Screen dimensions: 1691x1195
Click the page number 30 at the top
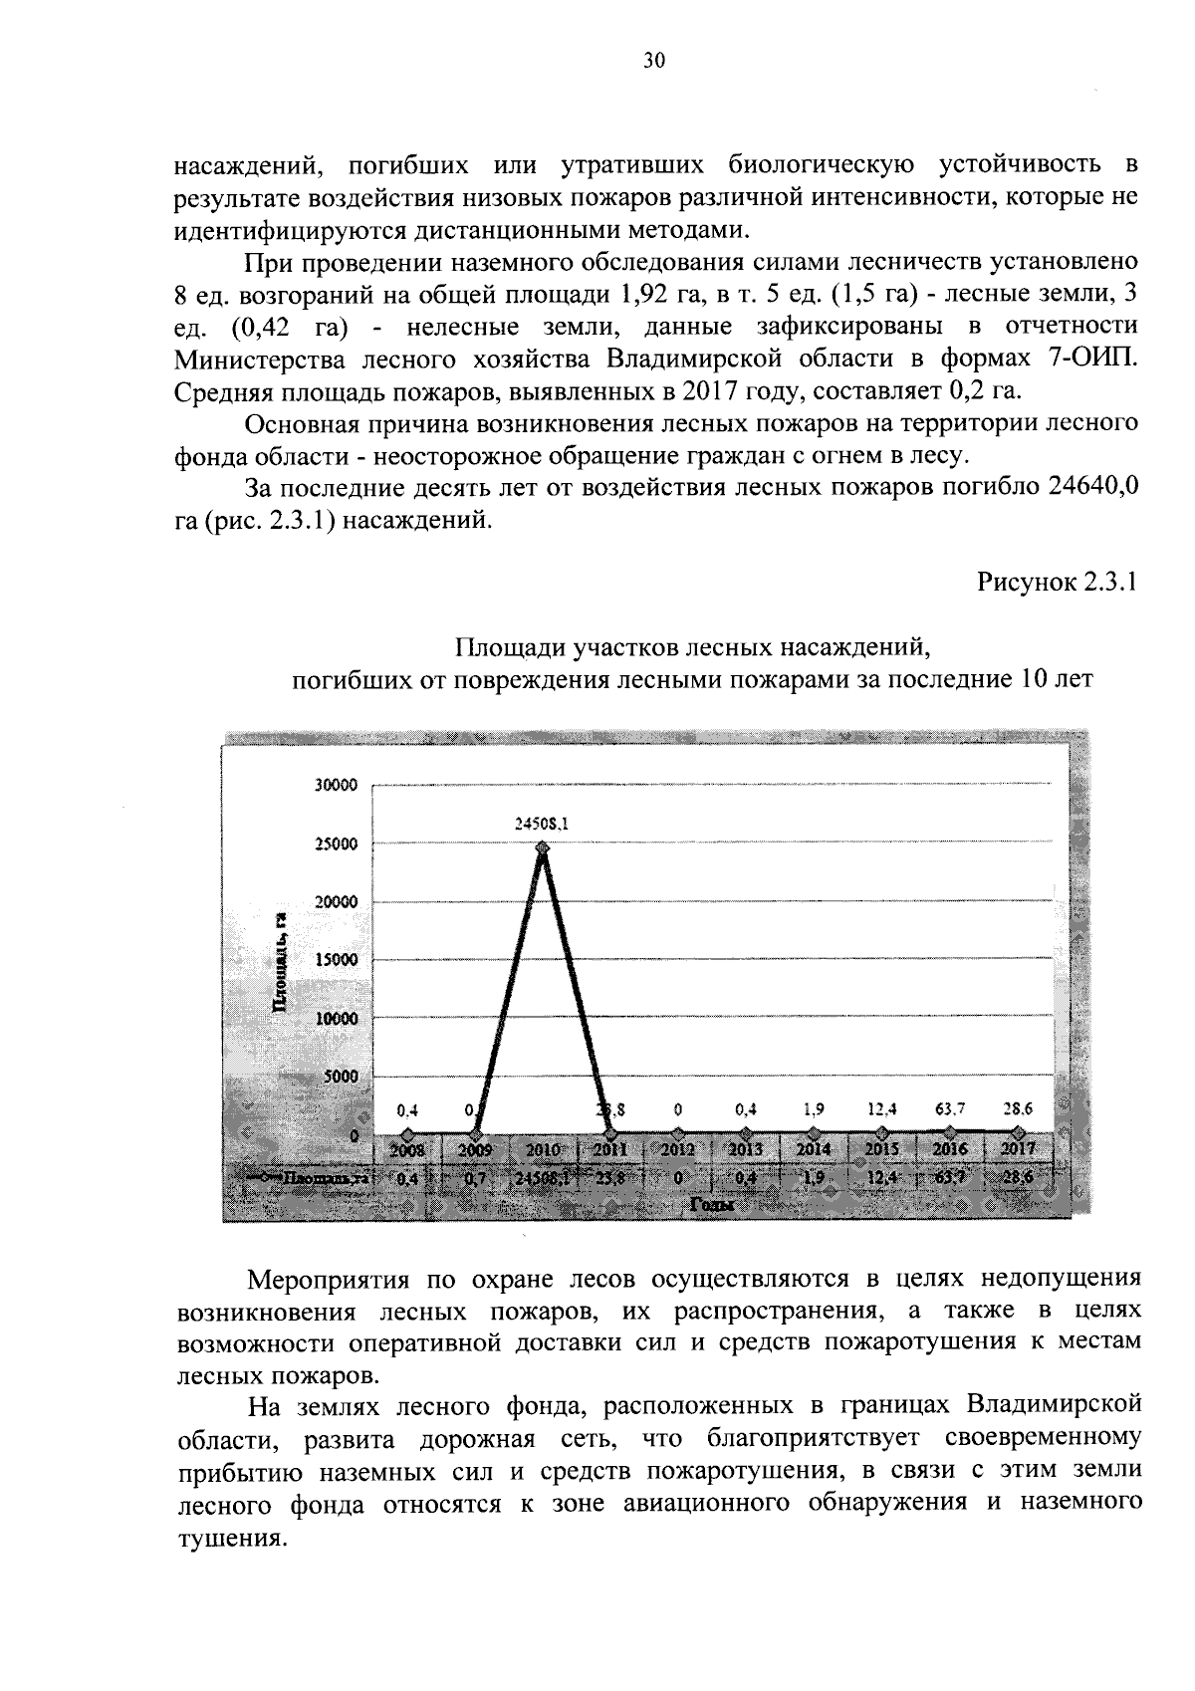[x=653, y=61]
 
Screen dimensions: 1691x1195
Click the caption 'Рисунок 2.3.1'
[x=1058, y=584]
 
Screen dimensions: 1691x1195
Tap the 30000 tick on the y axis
[x=336, y=785]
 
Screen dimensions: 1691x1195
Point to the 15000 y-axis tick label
[x=336, y=961]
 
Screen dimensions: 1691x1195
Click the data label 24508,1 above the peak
[x=543, y=824]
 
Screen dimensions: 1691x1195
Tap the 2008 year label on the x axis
[x=406, y=1149]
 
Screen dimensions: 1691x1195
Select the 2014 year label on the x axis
[x=814, y=1149]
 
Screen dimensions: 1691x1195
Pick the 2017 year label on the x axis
[x=1017, y=1149]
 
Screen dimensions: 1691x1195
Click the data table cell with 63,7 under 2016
[x=949, y=1177]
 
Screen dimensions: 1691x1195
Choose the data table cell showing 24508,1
[x=543, y=1178]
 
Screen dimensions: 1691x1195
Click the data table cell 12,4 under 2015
[x=881, y=1177]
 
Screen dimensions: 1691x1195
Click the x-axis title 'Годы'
[x=710, y=1204]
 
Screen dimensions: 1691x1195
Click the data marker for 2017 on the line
[x=1017, y=1132]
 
